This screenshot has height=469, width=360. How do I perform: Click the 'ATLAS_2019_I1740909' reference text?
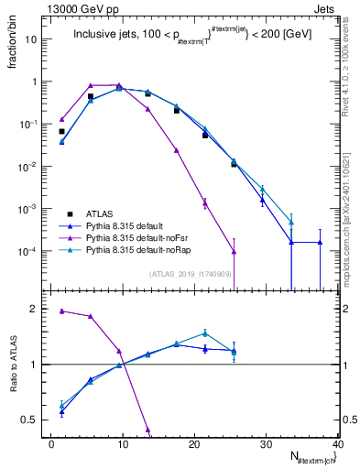[190, 274]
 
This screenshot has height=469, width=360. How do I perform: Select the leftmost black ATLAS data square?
[61, 131]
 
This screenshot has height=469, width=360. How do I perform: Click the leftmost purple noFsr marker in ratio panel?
[61, 311]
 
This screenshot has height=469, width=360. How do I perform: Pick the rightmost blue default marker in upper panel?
[320, 242]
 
